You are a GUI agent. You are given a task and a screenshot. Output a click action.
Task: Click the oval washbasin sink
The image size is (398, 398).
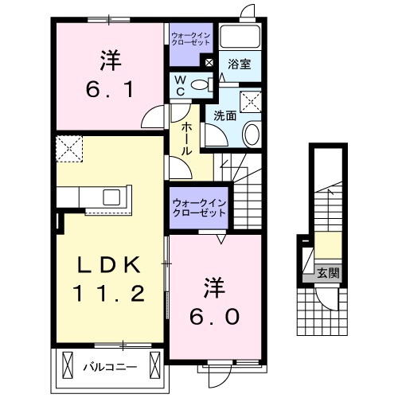pyautogui.click(x=252, y=133)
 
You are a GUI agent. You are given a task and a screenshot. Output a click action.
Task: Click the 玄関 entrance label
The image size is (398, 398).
pyautogui.click(x=329, y=273)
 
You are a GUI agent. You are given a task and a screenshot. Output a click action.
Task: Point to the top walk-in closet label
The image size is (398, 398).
pyautogui.click(x=190, y=38)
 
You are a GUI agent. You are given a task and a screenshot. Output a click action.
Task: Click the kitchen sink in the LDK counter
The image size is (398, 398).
pyautogui.click(x=111, y=197)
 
